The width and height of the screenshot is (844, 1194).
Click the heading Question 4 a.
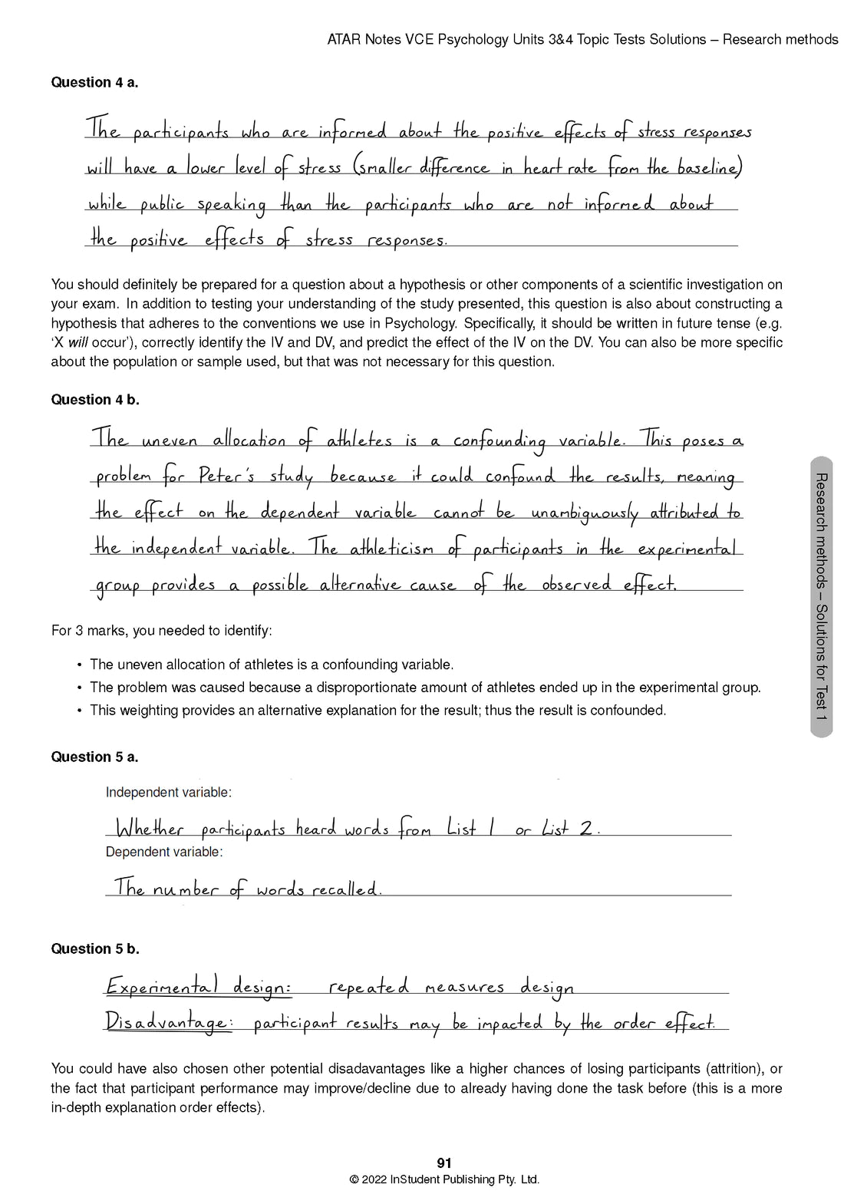(94, 83)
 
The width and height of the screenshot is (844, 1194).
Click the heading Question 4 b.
(95, 400)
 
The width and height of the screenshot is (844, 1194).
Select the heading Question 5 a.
(94, 757)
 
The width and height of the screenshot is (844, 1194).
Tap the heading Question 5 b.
(95, 949)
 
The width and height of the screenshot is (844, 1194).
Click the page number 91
(444, 1163)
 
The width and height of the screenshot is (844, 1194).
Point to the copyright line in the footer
(444, 1180)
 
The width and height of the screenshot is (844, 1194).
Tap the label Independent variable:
(169, 793)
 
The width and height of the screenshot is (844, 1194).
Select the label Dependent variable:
(164, 852)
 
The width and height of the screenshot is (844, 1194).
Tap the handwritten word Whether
(150, 830)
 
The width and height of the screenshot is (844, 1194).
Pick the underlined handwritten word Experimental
(161, 986)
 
